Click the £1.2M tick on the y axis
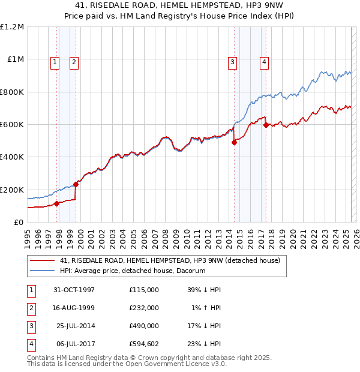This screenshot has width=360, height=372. [12, 27]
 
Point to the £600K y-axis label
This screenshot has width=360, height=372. [12, 125]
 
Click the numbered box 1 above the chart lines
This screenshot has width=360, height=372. [55, 61]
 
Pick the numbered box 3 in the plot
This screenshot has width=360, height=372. [232, 61]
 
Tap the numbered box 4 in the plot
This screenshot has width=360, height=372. [264, 61]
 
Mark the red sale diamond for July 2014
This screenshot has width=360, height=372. [235, 142]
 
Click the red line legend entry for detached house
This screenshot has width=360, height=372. [170, 260]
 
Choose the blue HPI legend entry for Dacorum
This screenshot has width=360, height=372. [133, 271]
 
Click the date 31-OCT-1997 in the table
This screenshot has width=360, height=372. [74, 290]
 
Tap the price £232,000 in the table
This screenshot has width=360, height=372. [144, 308]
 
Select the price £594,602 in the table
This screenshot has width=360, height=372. [144, 344]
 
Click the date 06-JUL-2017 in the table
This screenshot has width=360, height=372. [74, 344]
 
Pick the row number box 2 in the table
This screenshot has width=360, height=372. [31, 308]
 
